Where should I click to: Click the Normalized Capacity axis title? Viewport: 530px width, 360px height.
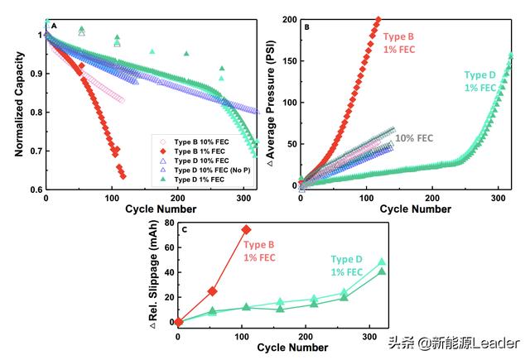[x=17, y=103]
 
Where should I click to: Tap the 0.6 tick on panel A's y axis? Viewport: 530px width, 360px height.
[x=35, y=190]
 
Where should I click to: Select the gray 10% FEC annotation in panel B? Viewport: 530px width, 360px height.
[x=417, y=138]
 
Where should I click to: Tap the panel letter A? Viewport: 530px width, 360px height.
[x=54, y=26]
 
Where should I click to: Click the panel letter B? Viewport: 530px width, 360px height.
[x=308, y=26]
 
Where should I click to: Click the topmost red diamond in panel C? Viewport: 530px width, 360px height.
[x=247, y=229]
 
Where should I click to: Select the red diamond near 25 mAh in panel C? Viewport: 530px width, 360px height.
[x=213, y=291]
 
